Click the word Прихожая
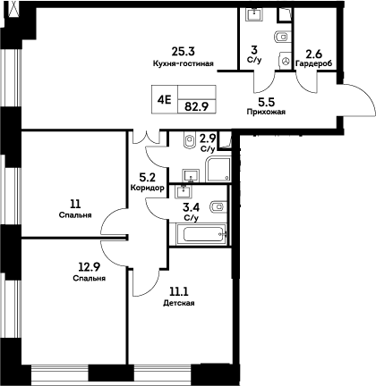265,113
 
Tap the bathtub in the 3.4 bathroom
199,235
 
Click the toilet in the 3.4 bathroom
217,208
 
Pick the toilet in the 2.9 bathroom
188,140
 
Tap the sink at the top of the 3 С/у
254,13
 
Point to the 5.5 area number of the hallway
265,100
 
